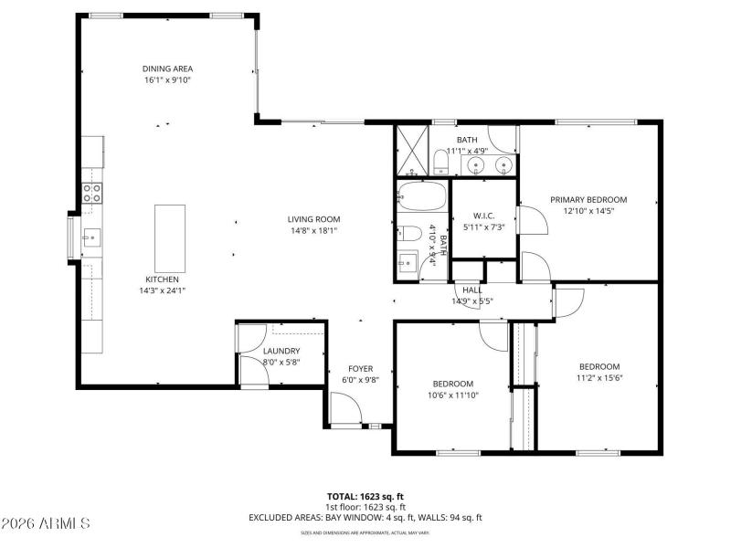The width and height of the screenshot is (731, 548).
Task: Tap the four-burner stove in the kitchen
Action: click(x=92, y=193)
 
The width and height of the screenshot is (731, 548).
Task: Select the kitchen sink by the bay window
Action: click(x=91, y=239)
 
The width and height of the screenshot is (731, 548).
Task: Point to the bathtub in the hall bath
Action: click(x=422, y=197)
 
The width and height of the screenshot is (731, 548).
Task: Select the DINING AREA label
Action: click(x=167, y=68)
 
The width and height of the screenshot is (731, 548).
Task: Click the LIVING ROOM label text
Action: click(x=313, y=219)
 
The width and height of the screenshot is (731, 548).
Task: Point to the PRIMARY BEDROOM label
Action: click(x=588, y=200)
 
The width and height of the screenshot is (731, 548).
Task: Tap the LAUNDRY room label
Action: click(x=281, y=351)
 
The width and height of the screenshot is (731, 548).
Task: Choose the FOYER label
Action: click(x=360, y=369)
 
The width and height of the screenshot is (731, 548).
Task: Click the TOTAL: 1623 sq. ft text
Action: click(x=365, y=496)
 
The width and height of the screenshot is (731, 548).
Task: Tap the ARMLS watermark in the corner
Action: click(x=46, y=523)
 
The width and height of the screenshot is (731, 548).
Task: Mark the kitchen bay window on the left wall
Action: click(x=71, y=239)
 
